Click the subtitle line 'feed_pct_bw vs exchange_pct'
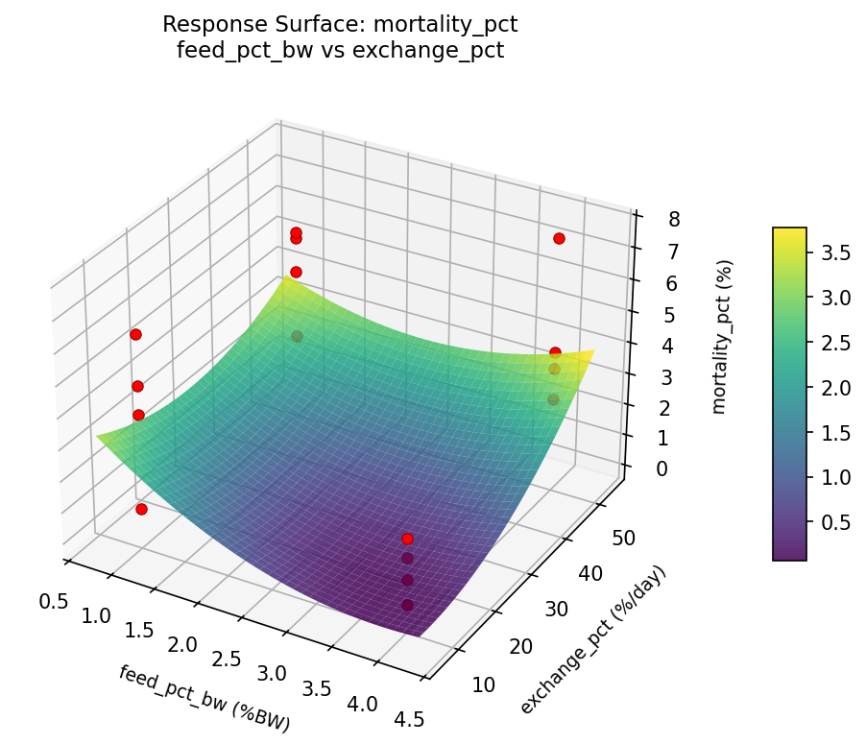341,50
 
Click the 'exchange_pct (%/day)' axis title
592,640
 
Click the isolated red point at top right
559,238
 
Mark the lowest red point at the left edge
141,509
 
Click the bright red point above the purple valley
407,539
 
